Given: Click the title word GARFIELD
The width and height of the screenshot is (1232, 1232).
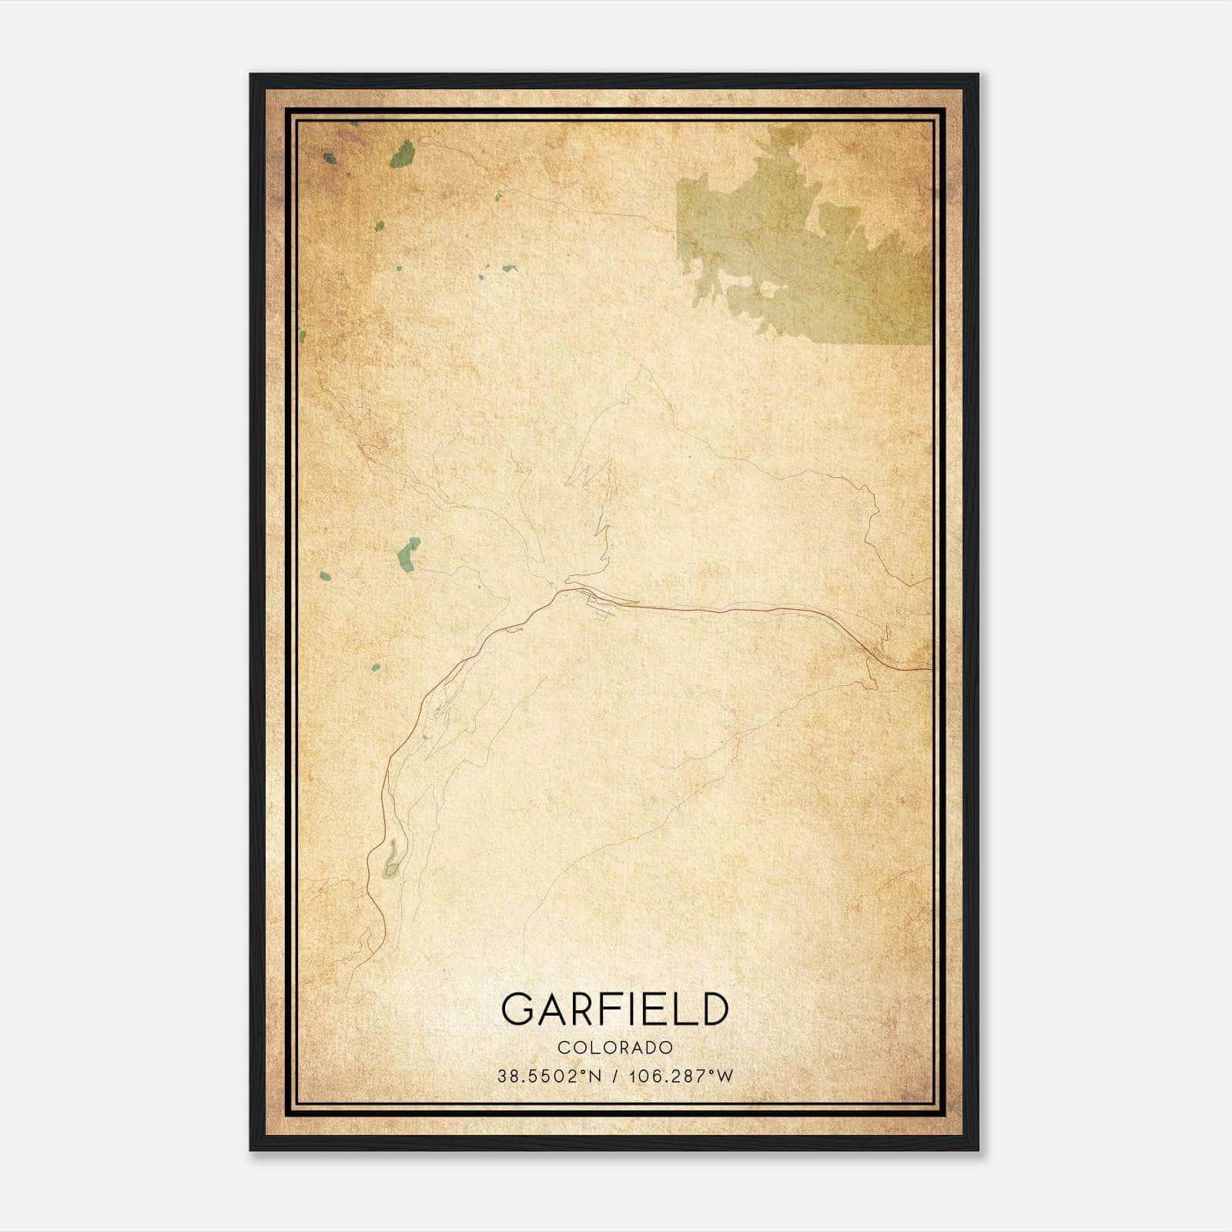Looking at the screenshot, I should coord(614,1009).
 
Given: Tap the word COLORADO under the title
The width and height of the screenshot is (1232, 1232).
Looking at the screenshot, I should coord(615,1048).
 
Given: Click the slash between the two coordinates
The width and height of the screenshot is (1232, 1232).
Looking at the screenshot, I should coord(614,1076).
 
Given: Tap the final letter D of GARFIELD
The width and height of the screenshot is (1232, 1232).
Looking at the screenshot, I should coord(714,1009).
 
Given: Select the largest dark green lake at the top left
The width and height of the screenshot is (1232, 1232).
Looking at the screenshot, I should coord(402,154).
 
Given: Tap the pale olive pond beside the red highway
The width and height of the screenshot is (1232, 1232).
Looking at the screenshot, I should coord(392,859).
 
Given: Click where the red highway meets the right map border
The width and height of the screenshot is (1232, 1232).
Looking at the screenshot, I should coord(931,669).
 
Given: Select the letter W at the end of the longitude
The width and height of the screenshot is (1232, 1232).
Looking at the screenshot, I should coord(725,1076).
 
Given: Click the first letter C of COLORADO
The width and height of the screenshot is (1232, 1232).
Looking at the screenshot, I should coord(562,1048).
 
